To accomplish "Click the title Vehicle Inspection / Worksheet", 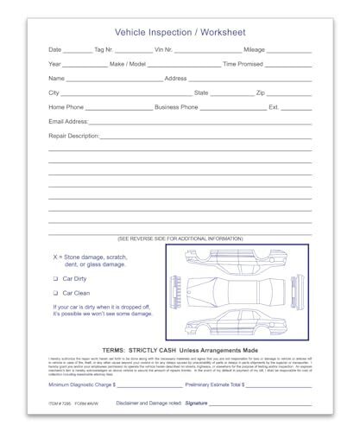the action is [180, 31].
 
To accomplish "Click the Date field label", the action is [55, 50].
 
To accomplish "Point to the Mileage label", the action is [255, 50].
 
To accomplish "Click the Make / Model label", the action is [129, 65].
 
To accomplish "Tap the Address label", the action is [176, 79].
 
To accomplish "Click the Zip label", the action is [261, 92].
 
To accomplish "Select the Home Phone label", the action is [67, 107].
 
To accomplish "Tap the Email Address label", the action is [68, 122].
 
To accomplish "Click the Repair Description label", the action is [74, 136].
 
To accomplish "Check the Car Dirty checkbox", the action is [56, 280].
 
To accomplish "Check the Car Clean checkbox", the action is [56, 294].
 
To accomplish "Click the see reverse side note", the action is [180, 238].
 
